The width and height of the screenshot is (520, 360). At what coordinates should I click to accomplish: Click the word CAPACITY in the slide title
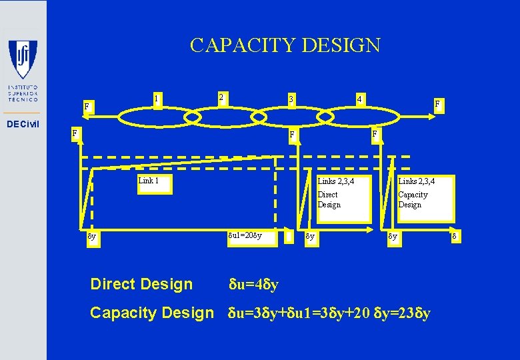pyautogui.click(x=242, y=45)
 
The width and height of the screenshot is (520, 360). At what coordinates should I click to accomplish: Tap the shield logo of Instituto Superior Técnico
pyautogui.click(x=23, y=59)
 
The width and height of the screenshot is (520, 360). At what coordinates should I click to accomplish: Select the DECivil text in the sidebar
pyautogui.click(x=23, y=125)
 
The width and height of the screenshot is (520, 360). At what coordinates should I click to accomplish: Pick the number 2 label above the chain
pyautogui.click(x=221, y=97)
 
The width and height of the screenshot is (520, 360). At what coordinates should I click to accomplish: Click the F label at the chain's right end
pyautogui.click(x=437, y=105)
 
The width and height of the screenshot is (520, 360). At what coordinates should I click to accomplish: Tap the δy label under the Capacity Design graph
pyautogui.click(x=393, y=236)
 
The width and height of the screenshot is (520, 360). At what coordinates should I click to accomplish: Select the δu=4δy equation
pyautogui.click(x=254, y=285)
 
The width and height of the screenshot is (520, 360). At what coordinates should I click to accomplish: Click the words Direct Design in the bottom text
pyautogui.click(x=141, y=285)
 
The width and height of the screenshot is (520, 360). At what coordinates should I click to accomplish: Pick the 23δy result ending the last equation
pyautogui.click(x=414, y=313)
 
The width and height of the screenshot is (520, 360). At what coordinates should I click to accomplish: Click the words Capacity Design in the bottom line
pyautogui.click(x=151, y=312)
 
